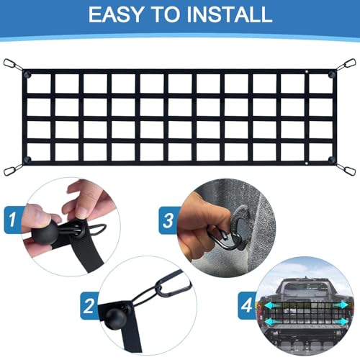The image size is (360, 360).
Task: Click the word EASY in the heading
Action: (116, 14)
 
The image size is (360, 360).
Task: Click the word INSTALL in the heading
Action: (229, 14)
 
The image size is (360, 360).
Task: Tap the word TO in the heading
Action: (166, 14)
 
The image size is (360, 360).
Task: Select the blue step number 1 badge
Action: (12, 220)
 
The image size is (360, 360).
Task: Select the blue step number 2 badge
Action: (89, 306)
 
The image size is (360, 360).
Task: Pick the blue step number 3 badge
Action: (168, 220)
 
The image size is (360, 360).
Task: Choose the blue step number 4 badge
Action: (247, 305)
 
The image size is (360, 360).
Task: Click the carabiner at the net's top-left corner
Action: (10, 63)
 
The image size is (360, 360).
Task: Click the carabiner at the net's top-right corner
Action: (349, 63)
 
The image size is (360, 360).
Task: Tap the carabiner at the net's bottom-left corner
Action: (9, 171)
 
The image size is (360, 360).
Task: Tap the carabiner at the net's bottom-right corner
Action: (349, 171)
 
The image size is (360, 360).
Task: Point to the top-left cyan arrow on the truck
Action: (272, 306)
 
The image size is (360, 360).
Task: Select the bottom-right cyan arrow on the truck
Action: (340, 321)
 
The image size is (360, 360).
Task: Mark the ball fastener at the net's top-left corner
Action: (27, 74)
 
